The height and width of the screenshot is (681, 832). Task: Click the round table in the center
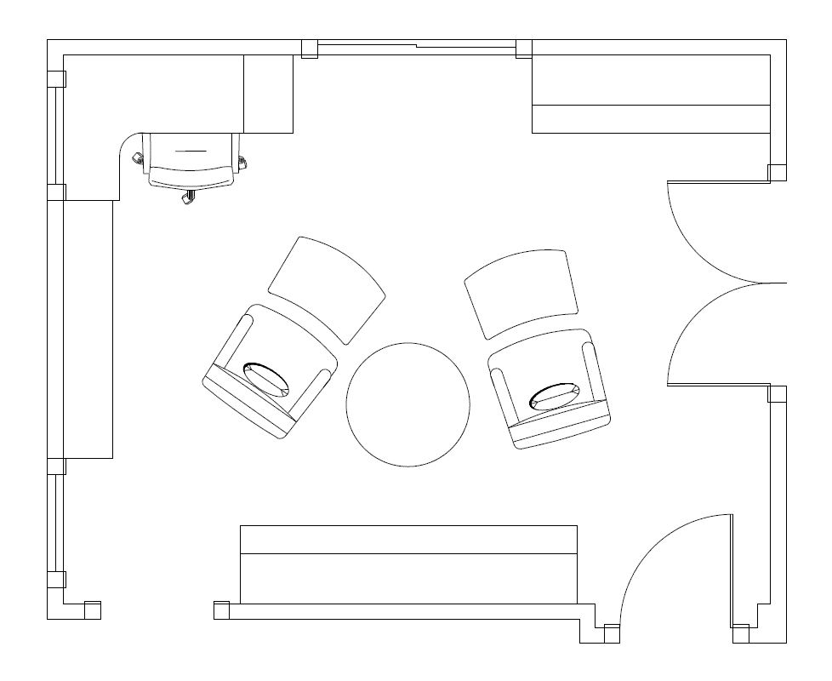[x=407, y=404]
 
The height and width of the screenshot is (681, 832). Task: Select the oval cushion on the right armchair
[x=555, y=397]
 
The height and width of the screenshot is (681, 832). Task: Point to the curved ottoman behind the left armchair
[x=328, y=288]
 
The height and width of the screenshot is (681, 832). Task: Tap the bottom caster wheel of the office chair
[x=188, y=198]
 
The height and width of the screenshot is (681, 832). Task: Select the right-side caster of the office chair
[x=242, y=161]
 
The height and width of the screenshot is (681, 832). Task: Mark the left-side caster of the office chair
[x=135, y=157]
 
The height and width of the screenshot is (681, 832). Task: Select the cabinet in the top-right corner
[x=651, y=94]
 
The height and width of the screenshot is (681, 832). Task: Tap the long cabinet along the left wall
[x=88, y=329]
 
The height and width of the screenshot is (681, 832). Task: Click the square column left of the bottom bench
[x=221, y=609]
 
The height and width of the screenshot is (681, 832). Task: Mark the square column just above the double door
[x=777, y=173]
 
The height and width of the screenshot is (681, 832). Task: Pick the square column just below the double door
[x=777, y=393]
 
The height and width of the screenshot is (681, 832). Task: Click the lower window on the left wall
[x=54, y=523]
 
